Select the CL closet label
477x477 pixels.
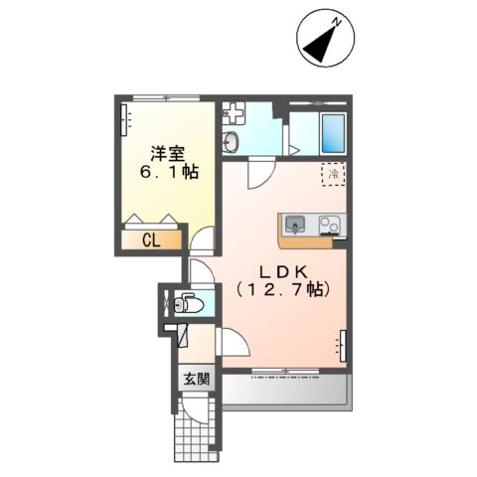pos(151,239)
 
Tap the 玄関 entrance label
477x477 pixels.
pos(196,379)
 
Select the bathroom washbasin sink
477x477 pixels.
pos(232,141)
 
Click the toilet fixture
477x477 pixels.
pos(186,304)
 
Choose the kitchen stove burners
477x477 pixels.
pos(329,224)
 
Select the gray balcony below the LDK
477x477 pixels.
pos(284,391)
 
